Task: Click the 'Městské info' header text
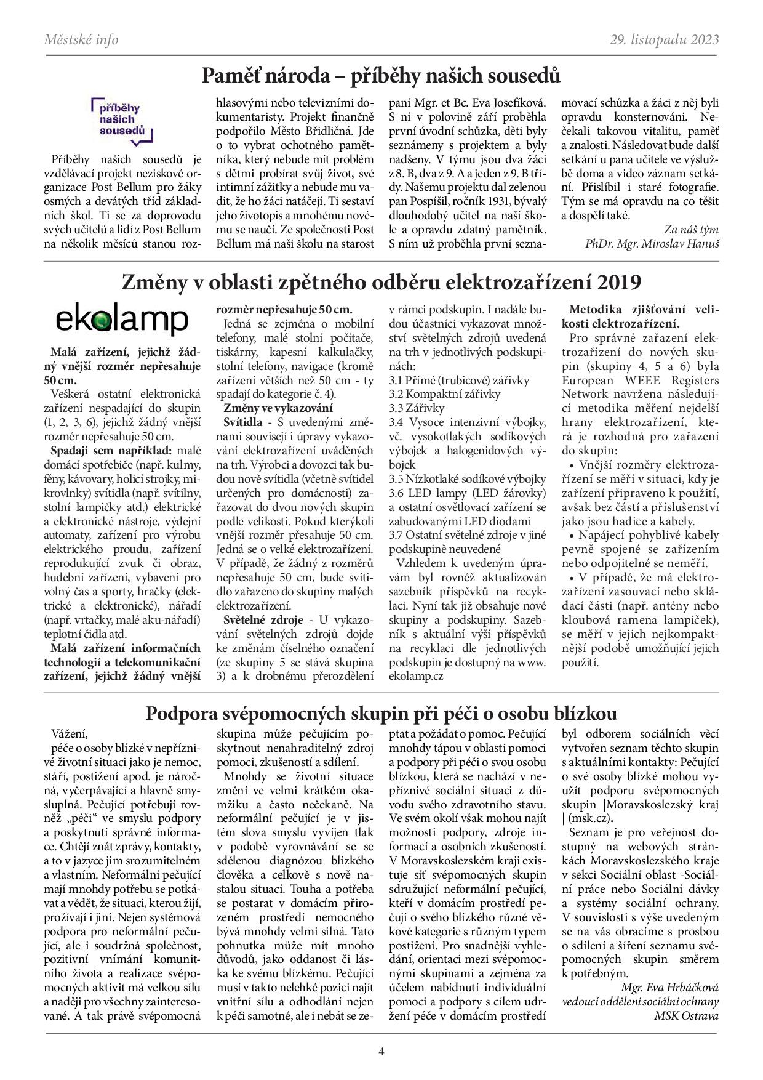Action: coord(81,40)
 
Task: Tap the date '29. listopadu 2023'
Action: coord(665,40)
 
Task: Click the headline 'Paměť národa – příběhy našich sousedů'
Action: coord(381,76)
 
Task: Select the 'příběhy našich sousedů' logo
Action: coord(121,119)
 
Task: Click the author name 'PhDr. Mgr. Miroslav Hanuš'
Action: coord(652,243)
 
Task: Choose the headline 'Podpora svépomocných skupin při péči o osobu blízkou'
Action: coord(381,713)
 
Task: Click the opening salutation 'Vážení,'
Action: coord(71,733)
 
